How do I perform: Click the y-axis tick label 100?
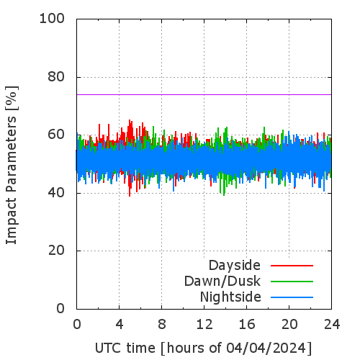52,19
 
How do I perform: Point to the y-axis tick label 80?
56,77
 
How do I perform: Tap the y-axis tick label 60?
56,135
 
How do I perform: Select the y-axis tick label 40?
56,193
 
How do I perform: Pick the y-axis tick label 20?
56,251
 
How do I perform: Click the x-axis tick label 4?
120,324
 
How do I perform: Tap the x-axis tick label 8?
162,324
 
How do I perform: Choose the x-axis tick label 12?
204,324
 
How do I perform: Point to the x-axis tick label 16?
247,324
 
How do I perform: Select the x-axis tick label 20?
289,324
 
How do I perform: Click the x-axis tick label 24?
332,324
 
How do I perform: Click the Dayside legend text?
235,266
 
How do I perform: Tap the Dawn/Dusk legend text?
222,282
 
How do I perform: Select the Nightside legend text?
230,297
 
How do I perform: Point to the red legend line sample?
292,266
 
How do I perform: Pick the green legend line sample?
292,282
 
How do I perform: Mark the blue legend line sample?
292,297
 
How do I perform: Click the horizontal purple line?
204,94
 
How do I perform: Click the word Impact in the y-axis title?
11,221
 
